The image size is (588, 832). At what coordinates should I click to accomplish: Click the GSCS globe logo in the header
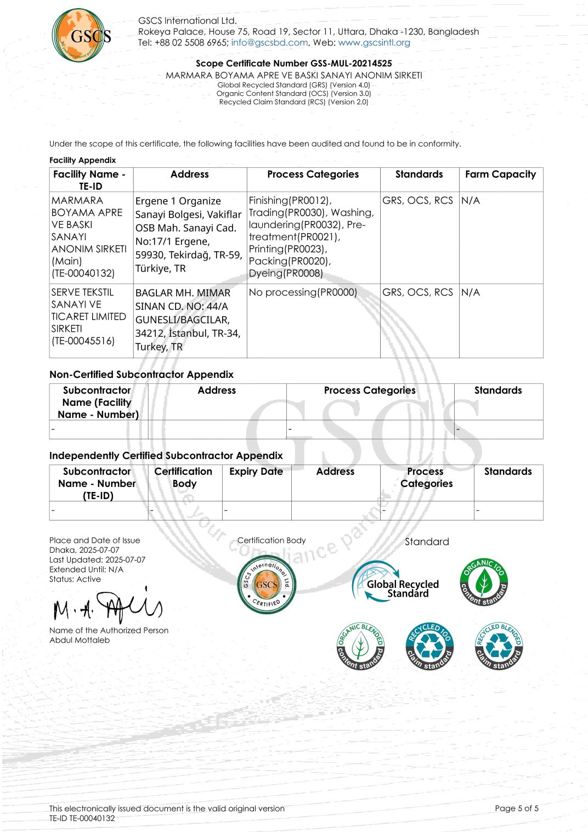coord(81,35)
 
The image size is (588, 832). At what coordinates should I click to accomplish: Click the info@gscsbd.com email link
coord(269,43)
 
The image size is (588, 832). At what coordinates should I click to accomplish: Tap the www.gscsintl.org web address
coord(374,43)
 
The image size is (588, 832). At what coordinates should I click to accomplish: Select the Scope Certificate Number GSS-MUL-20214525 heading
coord(293,64)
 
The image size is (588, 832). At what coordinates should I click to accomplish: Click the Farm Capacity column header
coord(500,174)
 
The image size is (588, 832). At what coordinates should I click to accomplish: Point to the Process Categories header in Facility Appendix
coord(313,174)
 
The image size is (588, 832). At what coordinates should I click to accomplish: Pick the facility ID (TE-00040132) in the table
coord(83,273)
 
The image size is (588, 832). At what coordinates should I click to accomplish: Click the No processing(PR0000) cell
coord(303,292)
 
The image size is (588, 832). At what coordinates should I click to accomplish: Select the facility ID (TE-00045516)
coord(83,341)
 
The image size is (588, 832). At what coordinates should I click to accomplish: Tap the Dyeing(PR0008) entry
coord(286,273)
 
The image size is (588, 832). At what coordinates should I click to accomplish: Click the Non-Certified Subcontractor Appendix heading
coord(142,375)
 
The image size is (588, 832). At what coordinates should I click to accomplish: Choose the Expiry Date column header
coord(256,472)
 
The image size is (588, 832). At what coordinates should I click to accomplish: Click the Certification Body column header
coord(183,477)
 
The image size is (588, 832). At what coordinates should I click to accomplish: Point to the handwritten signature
coord(108,606)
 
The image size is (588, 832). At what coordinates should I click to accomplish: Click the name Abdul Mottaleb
coord(80,640)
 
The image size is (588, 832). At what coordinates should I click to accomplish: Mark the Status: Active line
coord(75,579)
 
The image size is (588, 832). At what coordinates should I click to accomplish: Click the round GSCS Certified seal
coord(267,585)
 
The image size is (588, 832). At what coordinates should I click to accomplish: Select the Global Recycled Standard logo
coord(395,584)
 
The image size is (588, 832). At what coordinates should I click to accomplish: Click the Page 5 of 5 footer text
coord(516,808)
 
